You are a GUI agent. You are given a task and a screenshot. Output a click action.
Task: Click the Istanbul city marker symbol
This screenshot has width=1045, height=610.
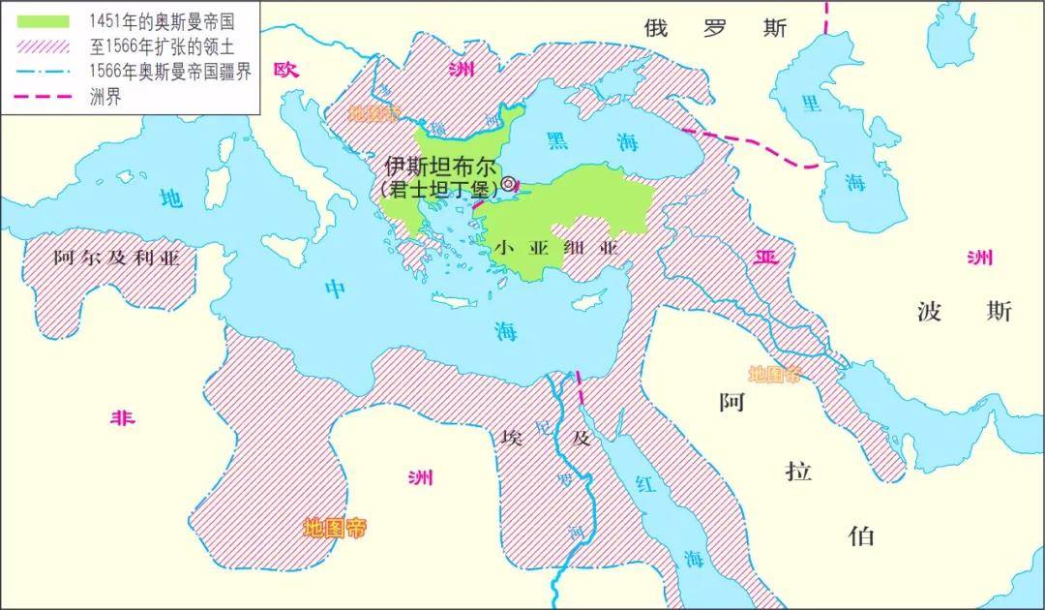pos(508,183)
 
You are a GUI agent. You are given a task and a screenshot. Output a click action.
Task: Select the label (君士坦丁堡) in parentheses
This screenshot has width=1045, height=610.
pos(439,188)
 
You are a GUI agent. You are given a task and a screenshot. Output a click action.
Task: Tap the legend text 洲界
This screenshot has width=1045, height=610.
pos(105,96)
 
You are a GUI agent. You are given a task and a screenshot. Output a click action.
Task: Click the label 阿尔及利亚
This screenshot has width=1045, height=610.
pos(117,258)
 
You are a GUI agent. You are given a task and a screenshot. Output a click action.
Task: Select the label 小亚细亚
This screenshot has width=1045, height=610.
pos(555,248)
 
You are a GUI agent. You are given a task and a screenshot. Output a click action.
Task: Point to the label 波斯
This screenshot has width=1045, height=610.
pos(964,312)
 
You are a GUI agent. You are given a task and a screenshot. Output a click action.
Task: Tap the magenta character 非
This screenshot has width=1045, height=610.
pos(122,417)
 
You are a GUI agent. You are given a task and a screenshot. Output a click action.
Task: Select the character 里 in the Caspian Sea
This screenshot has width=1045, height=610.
pos(811,104)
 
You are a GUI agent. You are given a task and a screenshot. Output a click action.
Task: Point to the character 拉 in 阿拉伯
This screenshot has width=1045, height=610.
pos(798,472)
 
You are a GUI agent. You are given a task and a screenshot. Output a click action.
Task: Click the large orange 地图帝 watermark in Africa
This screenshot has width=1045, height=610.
pos(335,529)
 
